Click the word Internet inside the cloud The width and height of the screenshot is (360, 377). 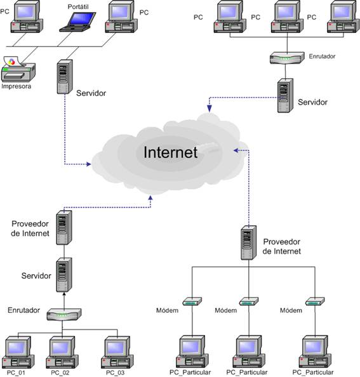(x=171, y=152)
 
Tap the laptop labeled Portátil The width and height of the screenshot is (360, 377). (x=77, y=22)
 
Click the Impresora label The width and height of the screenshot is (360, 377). (x=17, y=86)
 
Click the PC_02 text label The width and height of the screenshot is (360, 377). (x=60, y=373)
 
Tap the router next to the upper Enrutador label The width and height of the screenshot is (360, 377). (x=287, y=58)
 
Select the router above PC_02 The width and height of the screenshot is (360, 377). (x=64, y=315)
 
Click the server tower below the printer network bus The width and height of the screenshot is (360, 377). (x=65, y=77)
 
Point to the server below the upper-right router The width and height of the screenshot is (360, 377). (x=285, y=95)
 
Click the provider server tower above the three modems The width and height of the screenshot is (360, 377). (x=249, y=243)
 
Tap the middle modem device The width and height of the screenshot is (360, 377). (x=249, y=301)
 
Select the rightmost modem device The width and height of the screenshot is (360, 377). (x=315, y=301)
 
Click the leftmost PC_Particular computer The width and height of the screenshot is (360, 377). (x=191, y=352)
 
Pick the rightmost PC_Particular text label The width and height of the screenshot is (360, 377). (x=313, y=373)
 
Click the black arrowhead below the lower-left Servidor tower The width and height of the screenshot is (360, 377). (x=64, y=294)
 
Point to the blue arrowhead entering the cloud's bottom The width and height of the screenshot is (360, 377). (x=150, y=197)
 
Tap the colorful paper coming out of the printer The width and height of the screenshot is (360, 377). (x=13, y=62)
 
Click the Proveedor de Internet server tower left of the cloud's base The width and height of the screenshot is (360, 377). (x=64, y=228)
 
